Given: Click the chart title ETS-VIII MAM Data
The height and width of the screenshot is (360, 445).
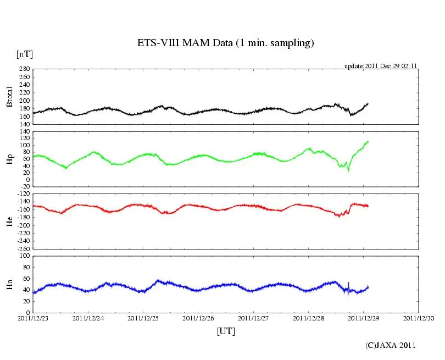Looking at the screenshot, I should (225, 43).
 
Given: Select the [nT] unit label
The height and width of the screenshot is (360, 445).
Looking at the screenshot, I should (24, 54).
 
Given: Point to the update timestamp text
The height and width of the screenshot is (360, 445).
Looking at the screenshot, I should (381, 66).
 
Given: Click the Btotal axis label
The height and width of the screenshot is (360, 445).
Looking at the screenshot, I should (9, 97).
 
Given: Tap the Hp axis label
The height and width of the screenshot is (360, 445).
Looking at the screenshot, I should (9, 159).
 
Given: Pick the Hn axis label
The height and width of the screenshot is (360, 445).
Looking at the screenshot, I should (9, 284).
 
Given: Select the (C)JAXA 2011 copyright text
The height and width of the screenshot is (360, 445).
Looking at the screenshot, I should (391, 346).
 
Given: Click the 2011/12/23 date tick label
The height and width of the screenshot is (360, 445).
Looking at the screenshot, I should (33, 318).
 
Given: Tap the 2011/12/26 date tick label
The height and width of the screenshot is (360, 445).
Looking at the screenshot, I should (198, 318).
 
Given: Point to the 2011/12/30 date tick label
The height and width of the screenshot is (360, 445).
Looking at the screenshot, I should (419, 318).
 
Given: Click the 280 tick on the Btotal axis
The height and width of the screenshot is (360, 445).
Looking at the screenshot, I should (24, 69).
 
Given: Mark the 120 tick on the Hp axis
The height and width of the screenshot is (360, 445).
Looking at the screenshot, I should (24, 132).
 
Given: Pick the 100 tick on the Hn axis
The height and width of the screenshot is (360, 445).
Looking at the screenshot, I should (24, 256).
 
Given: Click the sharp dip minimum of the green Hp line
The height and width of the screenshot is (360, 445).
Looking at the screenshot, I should (348, 171).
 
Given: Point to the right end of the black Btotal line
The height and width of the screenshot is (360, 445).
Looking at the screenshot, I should (368, 103).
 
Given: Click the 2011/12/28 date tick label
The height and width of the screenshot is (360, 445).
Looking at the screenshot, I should (309, 318).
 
